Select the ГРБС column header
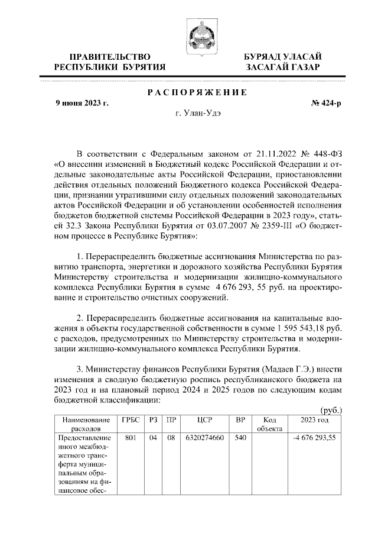click(x=131, y=419)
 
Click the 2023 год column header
click(x=315, y=419)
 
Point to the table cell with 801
click(x=131, y=438)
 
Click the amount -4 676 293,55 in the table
click(x=315, y=438)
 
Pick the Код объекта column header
click(x=269, y=424)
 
